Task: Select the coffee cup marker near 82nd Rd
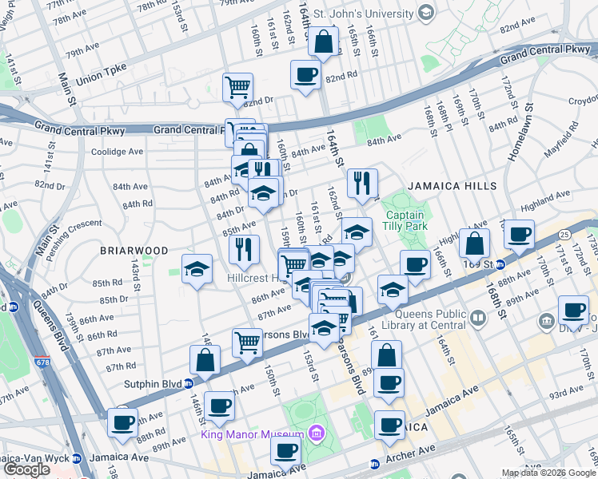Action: point(305,76)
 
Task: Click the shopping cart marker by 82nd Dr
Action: point(237,87)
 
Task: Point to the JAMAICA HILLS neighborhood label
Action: point(452,186)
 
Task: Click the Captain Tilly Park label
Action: point(409,220)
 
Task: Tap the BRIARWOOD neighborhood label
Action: point(134,251)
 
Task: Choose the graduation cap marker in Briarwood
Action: point(196,269)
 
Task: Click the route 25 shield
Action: point(564,234)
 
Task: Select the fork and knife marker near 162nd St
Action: point(362,184)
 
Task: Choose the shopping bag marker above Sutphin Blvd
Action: point(205,360)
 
